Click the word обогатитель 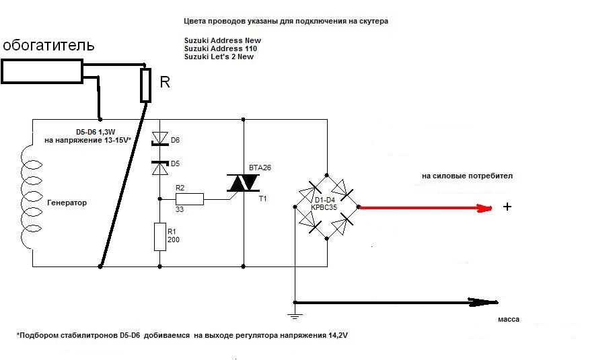pos(48,45)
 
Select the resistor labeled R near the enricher pos(145,85)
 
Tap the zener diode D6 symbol pos(159,139)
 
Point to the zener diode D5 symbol pos(159,168)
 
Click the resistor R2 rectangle pos(190,199)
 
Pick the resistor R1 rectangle pos(160,237)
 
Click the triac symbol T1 pos(243,182)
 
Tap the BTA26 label pos(260,168)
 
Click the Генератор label pos(67,203)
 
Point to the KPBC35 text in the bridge pos(324,207)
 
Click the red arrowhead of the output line pos(484,209)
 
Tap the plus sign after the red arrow pos(507,207)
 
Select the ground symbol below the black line pos(295,316)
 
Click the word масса pos(509,320)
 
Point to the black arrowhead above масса pos(484,301)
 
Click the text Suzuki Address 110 pos(221,48)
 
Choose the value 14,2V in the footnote pos(338,335)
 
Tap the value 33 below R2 pos(180,209)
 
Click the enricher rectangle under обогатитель pos(42,71)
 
